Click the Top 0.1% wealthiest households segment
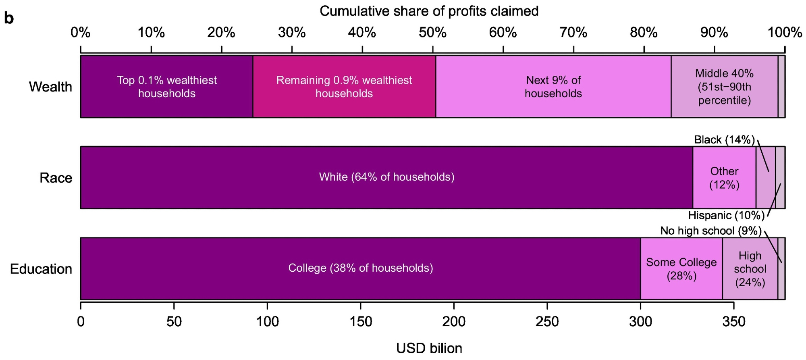click(x=166, y=87)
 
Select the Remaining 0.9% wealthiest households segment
click(x=344, y=87)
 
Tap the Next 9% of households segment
click(x=553, y=87)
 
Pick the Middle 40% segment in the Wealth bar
click(x=724, y=87)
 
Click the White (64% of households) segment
click(x=386, y=177)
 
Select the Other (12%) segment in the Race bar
click(x=724, y=178)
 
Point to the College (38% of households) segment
click(x=360, y=268)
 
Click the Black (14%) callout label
click(x=724, y=140)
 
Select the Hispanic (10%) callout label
click(x=726, y=216)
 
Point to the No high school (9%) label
click(x=710, y=231)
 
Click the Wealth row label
click(x=50, y=87)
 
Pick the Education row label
click(x=41, y=269)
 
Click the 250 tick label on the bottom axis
click(x=547, y=322)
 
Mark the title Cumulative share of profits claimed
click(x=429, y=11)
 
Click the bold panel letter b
click(x=9, y=18)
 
